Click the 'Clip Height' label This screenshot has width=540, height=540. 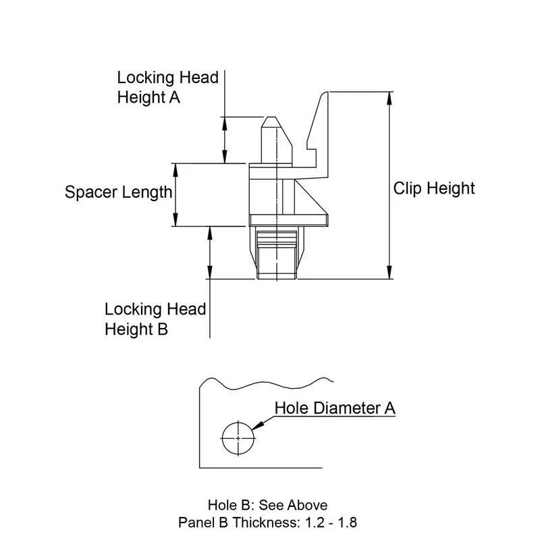[434, 188]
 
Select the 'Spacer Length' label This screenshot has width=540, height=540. [118, 192]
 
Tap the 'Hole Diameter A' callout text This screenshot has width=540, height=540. [335, 408]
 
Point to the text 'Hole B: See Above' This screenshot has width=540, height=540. [267, 505]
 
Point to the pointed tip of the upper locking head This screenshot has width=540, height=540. [269, 119]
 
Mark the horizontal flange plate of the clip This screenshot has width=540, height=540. [288, 219]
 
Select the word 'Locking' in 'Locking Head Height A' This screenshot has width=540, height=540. [142, 78]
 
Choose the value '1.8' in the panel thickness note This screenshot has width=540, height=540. [349, 522]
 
